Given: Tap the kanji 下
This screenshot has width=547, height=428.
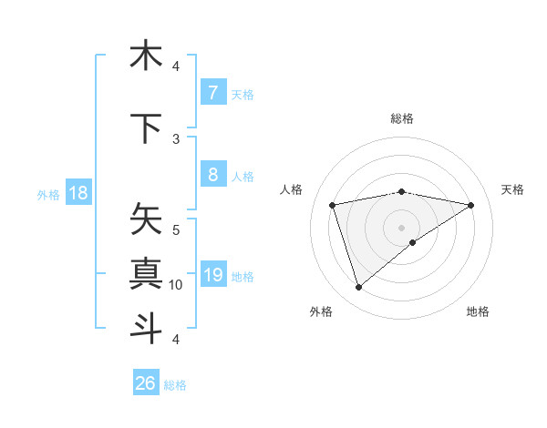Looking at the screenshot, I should click(x=146, y=128).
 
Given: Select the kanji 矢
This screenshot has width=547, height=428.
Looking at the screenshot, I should click(x=146, y=219).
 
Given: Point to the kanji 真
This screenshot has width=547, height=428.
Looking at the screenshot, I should click(x=146, y=273).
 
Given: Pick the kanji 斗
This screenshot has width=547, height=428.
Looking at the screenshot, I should click(x=146, y=328).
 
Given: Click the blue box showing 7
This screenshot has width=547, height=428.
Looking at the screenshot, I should click(x=212, y=93).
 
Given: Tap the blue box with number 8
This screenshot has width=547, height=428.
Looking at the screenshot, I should click(x=212, y=176).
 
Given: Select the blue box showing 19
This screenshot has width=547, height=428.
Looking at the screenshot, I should click(x=212, y=275).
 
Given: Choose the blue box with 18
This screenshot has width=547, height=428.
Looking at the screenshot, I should click(x=77, y=193).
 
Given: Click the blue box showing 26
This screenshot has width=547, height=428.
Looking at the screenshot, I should click(x=146, y=383).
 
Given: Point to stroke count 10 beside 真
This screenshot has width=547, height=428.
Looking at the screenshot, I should click(x=176, y=285).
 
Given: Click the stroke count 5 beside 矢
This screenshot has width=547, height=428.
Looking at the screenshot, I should click(x=176, y=230).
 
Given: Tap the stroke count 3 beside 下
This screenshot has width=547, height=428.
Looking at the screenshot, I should click(x=176, y=139).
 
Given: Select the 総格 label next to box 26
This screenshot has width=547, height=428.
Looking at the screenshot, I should click(x=175, y=385).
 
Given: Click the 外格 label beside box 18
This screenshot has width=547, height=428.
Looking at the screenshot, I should click(x=47, y=194).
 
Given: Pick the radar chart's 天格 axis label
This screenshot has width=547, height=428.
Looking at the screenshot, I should click(x=512, y=189).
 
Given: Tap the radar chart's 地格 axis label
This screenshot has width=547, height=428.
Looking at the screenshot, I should click(x=478, y=311).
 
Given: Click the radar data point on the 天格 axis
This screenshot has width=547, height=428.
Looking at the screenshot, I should click(x=470, y=205).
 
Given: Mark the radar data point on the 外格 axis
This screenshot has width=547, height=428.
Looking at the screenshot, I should click(x=358, y=288).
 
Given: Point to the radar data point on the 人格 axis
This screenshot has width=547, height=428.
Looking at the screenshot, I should click(x=333, y=205).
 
